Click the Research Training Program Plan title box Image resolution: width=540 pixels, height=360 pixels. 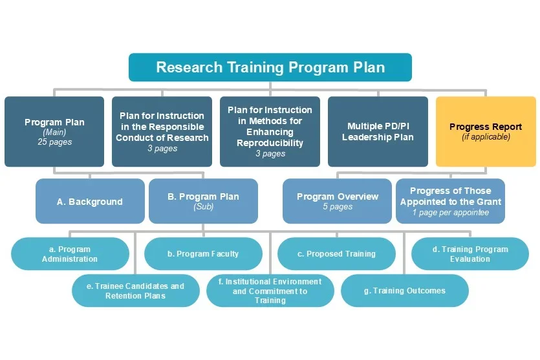pos(270,67)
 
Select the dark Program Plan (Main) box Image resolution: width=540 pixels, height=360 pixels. pos(54,131)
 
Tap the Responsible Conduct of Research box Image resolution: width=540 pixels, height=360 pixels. pos(162,131)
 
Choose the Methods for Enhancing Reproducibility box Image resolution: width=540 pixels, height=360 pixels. pos(270,131)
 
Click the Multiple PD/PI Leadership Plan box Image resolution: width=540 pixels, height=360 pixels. pos(378,131)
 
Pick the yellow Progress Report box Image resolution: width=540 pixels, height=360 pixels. pos(486,131)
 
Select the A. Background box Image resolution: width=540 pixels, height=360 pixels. pos(90,202)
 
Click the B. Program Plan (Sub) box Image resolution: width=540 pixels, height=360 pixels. pos(203,202)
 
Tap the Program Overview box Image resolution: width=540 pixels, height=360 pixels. pos(337,202)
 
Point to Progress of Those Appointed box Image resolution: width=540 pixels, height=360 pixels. pos(450,202)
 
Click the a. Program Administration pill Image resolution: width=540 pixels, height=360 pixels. pos(70,254)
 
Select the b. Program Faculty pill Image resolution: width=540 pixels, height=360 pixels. pos(203,254)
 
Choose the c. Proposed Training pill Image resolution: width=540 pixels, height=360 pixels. pos(336,254)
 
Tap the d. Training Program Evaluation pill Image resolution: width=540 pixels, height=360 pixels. pos(470,254)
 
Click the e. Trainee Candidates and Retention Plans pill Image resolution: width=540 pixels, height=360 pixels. pos(136,291)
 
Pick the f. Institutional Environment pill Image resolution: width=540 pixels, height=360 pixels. pos(270,291)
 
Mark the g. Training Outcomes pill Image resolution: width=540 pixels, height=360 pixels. pos(404,291)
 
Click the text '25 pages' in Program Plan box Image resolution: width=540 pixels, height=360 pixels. pos(54,142)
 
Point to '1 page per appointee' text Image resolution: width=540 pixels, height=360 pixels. pos(450,213)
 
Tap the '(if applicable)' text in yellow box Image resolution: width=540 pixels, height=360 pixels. pos(486,137)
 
